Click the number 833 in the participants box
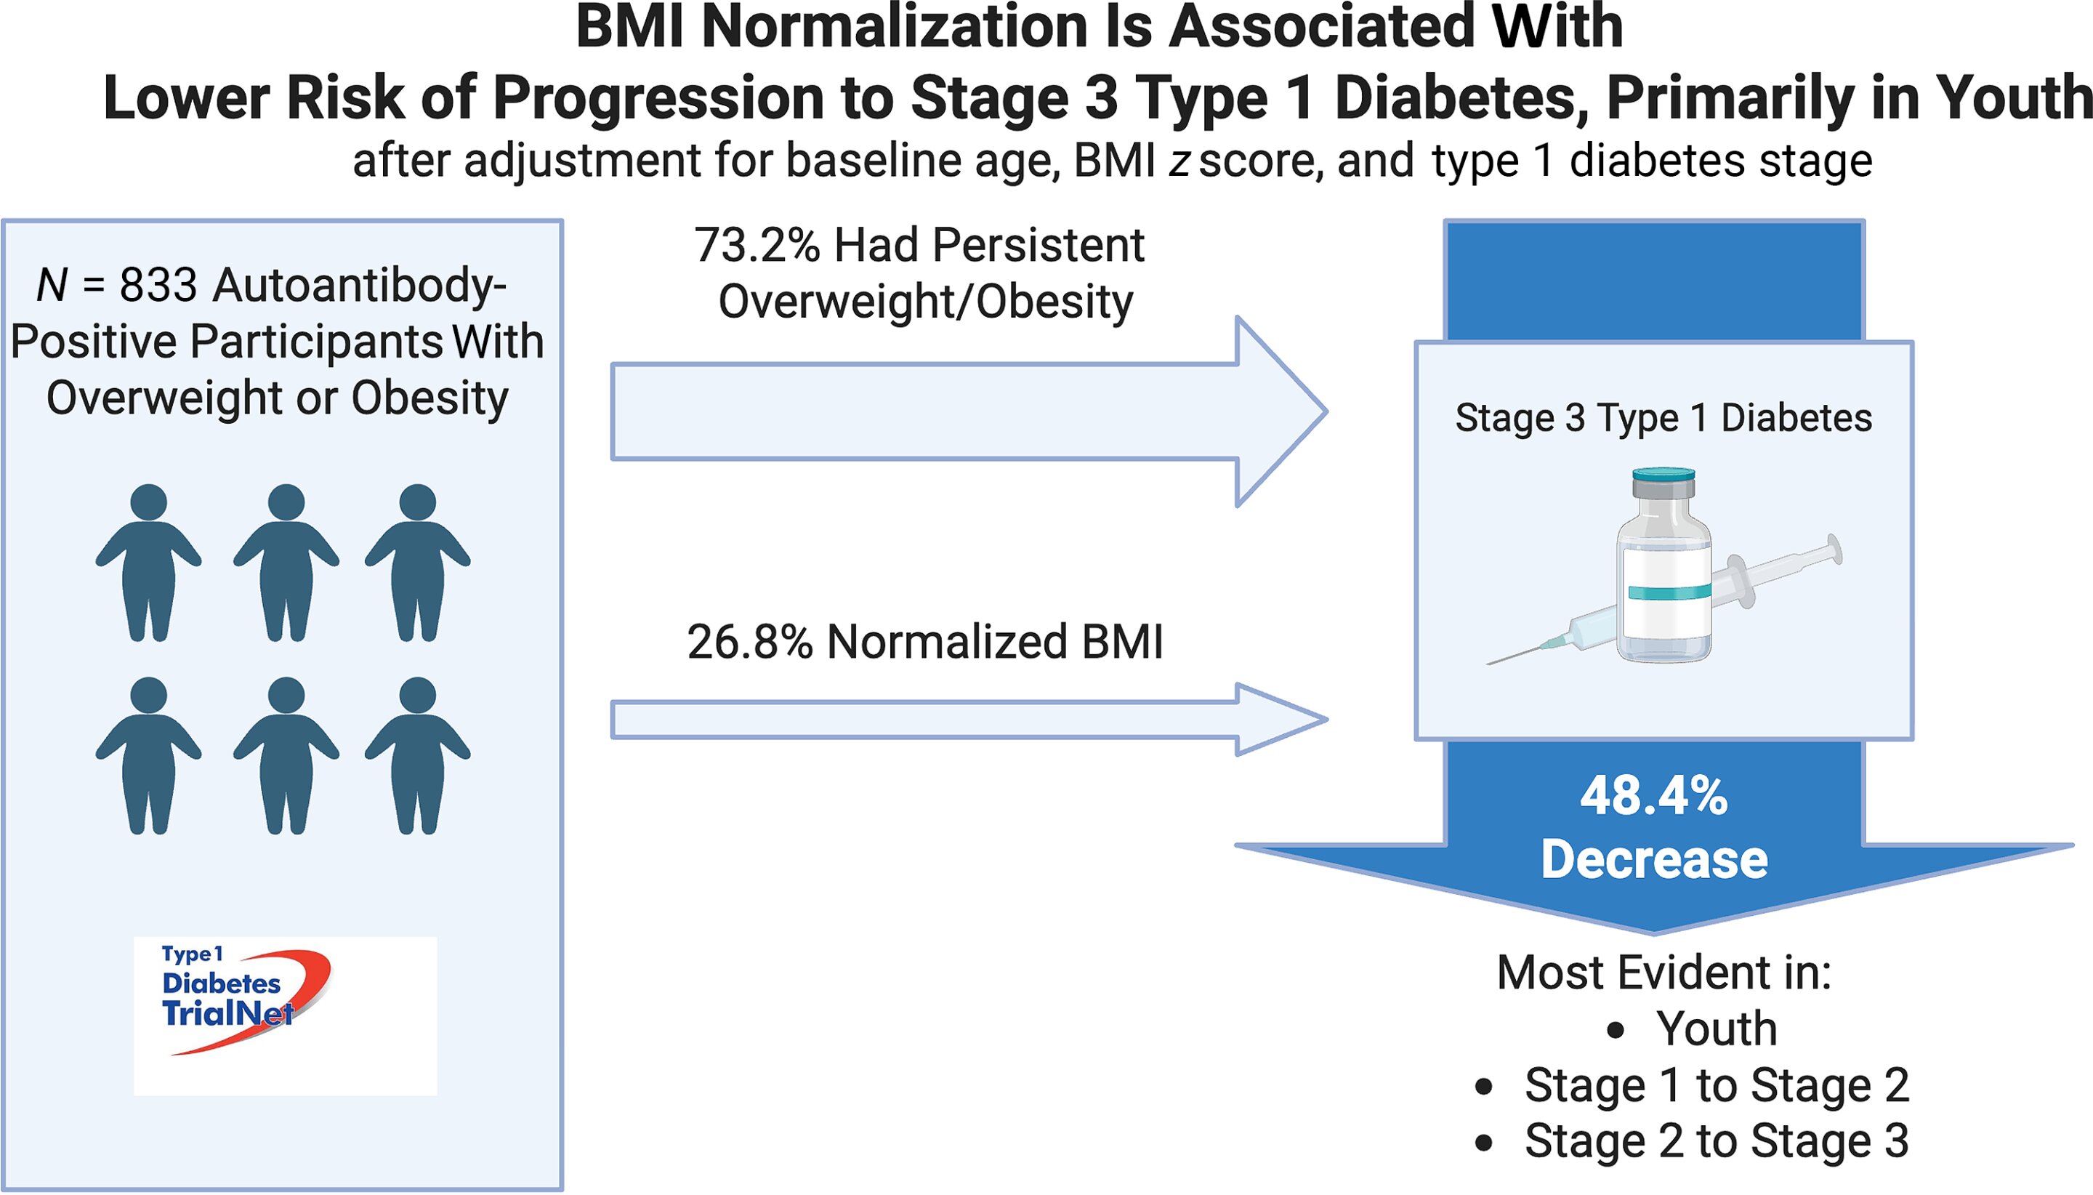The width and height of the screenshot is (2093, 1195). point(158,286)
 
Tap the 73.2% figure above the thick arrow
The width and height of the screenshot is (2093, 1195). point(757,246)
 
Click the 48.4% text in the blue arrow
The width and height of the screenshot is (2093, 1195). point(1654,795)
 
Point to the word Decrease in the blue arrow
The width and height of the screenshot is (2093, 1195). point(1654,859)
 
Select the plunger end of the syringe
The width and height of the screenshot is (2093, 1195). point(1834,550)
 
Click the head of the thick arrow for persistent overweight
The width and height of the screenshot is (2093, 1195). point(1280,411)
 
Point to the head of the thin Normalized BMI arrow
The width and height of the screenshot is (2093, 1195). point(1280,720)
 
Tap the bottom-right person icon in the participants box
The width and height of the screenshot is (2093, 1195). point(418,755)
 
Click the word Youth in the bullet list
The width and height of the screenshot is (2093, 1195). point(1717,1029)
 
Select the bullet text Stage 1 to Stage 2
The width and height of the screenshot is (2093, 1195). point(1717,1085)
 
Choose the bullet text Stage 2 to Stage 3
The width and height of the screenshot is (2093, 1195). point(1717,1140)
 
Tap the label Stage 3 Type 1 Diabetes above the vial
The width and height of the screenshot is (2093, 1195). point(1663,418)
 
